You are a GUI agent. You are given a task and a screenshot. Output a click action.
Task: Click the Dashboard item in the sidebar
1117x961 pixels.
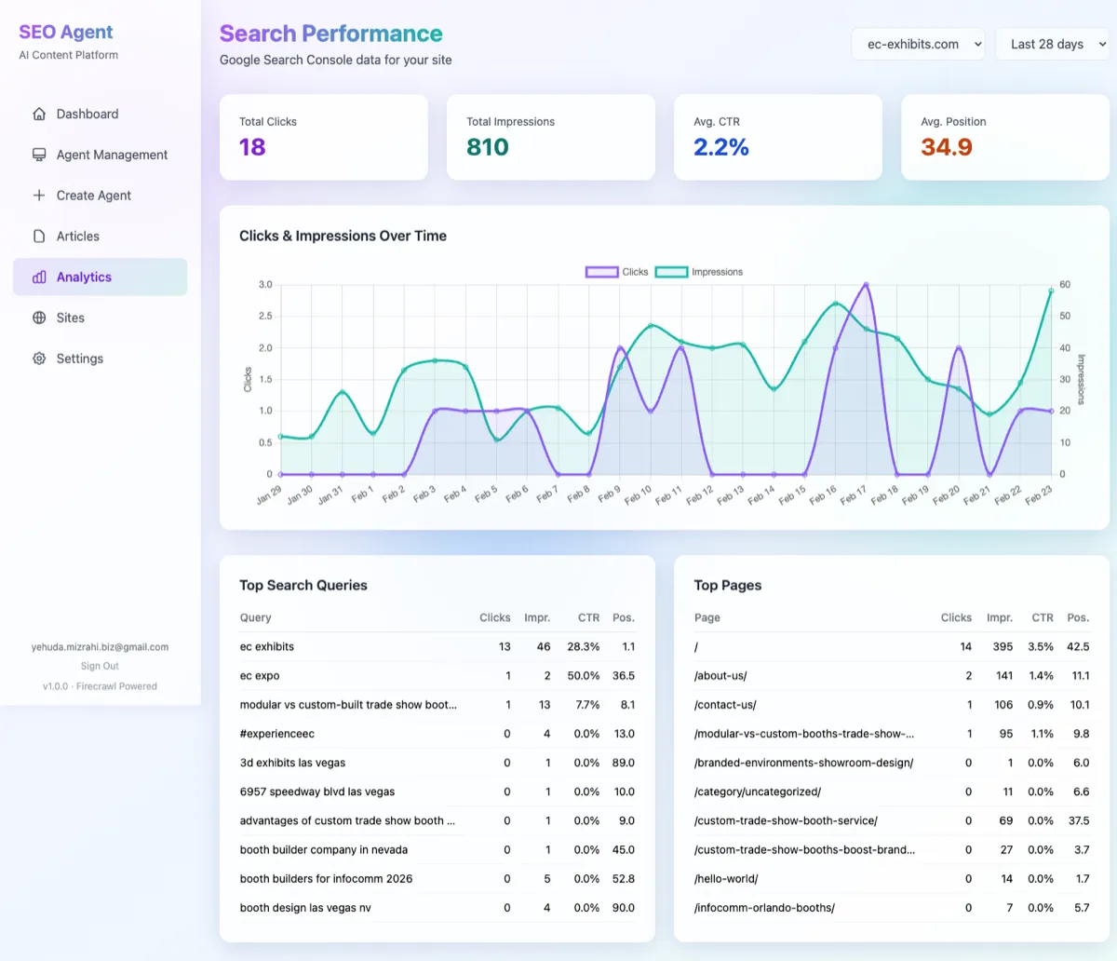pos(87,114)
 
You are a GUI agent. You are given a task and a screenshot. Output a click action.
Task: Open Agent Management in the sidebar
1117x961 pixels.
pos(111,155)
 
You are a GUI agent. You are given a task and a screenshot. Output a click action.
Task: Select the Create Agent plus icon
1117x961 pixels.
pos(39,196)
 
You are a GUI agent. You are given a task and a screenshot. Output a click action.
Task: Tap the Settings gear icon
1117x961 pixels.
pos(39,359)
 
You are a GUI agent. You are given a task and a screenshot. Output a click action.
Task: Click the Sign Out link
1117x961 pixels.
pos(100,666)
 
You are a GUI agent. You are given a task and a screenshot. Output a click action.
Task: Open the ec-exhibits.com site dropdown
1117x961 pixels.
pos(918,44)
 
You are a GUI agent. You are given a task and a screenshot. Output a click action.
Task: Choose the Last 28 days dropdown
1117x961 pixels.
pos(1052,44)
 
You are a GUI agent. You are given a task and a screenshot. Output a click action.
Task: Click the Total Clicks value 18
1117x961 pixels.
pos(252,147)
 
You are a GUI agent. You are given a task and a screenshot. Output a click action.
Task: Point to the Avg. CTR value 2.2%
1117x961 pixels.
pos(720,147)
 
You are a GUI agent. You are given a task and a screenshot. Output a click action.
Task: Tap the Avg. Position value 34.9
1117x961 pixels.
pos(946,147)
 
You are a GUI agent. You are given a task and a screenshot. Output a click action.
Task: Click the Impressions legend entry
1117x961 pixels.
pos(699,272)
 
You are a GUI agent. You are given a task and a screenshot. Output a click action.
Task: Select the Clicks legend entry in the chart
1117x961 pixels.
pos(617,272)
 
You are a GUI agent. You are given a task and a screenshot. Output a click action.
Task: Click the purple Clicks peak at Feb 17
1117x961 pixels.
pos(866,285)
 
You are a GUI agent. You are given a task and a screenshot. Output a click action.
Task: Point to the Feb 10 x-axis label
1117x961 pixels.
pos(639,494)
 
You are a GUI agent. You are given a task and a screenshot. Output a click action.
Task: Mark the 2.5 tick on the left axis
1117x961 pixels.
pos(265,316)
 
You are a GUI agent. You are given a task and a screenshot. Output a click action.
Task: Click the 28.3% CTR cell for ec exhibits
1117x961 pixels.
pos(583,646)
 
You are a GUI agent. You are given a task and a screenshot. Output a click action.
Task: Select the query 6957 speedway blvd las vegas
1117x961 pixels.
pos(316,792)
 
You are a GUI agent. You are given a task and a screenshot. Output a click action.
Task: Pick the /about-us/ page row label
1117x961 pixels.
pos(720,675)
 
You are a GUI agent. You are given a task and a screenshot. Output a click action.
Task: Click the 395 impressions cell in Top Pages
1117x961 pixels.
pos(1002,646)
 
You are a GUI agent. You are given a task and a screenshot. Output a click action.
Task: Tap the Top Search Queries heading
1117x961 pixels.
pos(303,585)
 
